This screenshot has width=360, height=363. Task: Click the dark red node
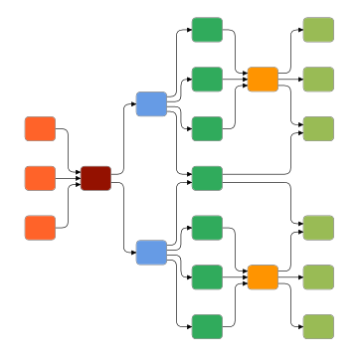[x=95, y=178]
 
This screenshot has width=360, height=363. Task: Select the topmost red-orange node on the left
[x=40, y=128]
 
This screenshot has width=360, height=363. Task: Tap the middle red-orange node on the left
[x=40, y=178]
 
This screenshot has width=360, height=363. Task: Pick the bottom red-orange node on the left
[x=40, y=228]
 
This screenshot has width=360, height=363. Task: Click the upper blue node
[x=151, y=103]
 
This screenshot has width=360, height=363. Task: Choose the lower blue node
[x=151, y=253]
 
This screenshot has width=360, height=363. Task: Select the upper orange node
[x=263, y=79]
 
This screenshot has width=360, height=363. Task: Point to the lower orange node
[x=263, y=277]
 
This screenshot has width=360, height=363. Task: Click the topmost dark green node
[x=207, y=29]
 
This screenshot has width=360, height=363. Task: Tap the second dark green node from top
[x=207, y=79]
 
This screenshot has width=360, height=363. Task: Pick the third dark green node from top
[x=207, y=128]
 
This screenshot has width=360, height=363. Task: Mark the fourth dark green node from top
[x=207, y=178]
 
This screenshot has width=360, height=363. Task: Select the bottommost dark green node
[x=207, y=327]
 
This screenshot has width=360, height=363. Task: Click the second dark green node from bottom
[x=207, y=277]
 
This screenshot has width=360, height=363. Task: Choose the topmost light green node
[x=318, y=29]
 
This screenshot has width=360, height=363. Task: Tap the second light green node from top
[x=318, y=79]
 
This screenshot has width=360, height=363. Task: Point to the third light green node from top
[x=318, y=128]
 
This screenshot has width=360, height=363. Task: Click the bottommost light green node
[x=318, y=327]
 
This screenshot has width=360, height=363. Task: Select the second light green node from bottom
[x=318, y=277]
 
